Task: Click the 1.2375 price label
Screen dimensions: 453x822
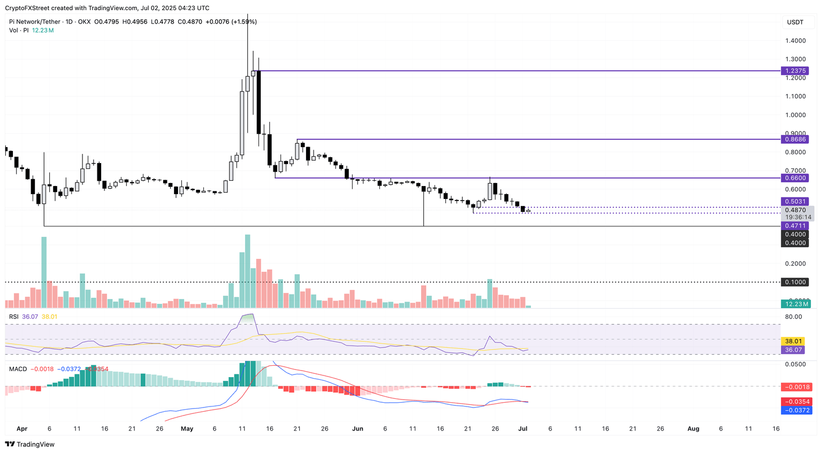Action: pos(796,71)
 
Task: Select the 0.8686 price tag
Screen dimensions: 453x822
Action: pos(796,139)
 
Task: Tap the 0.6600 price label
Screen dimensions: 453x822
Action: pos(796,178)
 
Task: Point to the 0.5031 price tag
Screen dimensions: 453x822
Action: pos(796,202)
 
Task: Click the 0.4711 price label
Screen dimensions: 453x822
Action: pos(796,226)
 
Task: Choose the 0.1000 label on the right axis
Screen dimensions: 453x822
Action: pos(796,282)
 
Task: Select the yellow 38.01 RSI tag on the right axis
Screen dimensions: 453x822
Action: pos(793,341)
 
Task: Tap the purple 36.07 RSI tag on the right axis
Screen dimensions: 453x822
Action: pos(793,350)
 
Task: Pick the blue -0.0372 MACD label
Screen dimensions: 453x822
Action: pos(797,410)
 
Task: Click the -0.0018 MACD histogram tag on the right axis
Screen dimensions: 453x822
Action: pos(797,387)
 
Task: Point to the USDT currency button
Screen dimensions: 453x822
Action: pos(795,22)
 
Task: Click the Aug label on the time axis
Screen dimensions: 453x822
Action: pos(693,429)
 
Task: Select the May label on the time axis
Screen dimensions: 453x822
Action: pos(187,429)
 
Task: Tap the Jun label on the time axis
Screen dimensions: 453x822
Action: pos(358,429)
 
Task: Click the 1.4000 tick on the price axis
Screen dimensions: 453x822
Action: pos(795,41)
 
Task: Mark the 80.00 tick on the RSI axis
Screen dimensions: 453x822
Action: pos(793,317)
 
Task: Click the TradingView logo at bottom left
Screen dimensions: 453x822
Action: pos(30,444)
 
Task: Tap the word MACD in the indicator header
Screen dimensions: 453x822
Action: pos(18,369)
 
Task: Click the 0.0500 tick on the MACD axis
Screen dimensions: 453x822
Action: pos(795,365)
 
